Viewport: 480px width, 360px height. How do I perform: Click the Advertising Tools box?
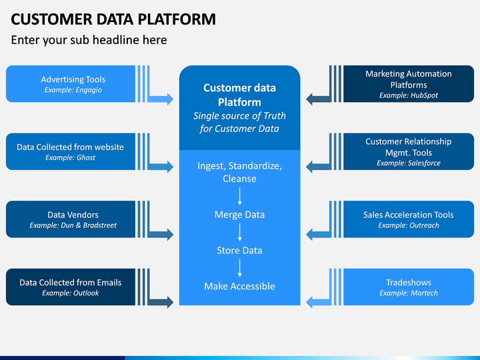pyautogui.click(x=71, y=83)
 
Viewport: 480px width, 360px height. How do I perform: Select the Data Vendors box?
pyautogui.click(x=71, y=219)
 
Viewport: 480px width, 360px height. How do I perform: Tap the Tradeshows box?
pyautogui.click(x=409, y=287)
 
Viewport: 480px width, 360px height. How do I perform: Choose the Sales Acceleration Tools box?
pyautogui.click(x=409, y=219)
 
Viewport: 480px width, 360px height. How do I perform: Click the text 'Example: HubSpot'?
pyautogui.click(x=409, y=95)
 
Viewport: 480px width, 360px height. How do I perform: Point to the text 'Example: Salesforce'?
pyautogui.click(x=409, y=163)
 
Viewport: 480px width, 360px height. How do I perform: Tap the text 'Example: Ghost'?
pyautogui.click(x=71, y=157)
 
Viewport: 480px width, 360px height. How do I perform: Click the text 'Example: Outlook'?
pyautogui.click(x=71, y=293)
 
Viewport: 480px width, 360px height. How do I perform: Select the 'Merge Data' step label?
pyautogui.click(x=239, y=215)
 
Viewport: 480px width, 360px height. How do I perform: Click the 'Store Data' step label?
pyautogui.click(x=239, y=251)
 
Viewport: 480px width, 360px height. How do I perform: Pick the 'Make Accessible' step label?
pyautogui.click(x=239, y=286)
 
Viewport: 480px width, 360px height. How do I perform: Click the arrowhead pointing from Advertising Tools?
pyautogui.click(x=170, y=99)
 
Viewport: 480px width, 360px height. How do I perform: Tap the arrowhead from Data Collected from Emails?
pyautogui.click(x=170, y=302)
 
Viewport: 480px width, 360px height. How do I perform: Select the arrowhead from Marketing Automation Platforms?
pyautogui.click(x=309, y=99)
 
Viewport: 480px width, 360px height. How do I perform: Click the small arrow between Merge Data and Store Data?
pyautogui.click(x=240, y=233)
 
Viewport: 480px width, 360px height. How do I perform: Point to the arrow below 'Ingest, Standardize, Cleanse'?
pyautogui.click(x=240, y=196)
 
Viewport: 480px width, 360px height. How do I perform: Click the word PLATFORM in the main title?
pyautogui.click(x=177, y=19)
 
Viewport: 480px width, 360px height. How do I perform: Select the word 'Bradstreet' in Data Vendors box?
pyautogui.click(x=100, y=225)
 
